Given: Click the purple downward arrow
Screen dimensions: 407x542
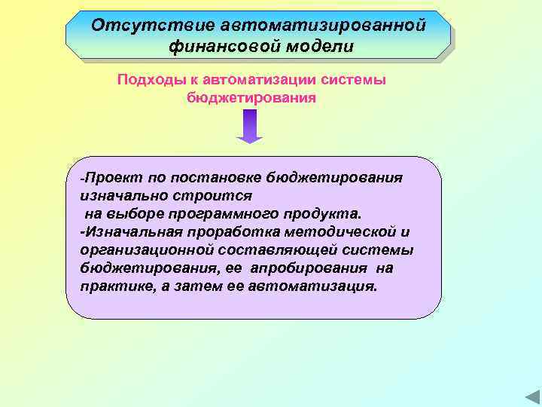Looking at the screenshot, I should pos(250,126).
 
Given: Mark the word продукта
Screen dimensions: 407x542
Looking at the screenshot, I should pos(327,213).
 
